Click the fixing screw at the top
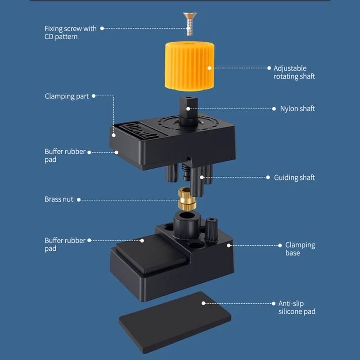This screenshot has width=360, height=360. click(x=189, y=22)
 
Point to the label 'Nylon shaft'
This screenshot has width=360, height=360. click(x=297, y=108)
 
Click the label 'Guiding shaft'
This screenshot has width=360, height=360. click(x=294, y=178)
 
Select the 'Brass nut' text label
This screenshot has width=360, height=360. click(x=58, y=199)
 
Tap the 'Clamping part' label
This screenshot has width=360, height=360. click(x=67, y=96)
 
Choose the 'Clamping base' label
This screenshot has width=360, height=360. click(x=300, y=249)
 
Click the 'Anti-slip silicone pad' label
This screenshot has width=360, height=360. click(x=297, y=307)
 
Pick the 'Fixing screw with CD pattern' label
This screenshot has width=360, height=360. click(x=70, y=32)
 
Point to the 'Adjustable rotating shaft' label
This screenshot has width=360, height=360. click(x=294, y=72)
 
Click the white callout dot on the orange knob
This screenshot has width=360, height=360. click(x=209, y=68)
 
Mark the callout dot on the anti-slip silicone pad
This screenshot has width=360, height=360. click(x=203, y=303)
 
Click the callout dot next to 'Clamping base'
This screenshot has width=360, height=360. click(x=229, y=245)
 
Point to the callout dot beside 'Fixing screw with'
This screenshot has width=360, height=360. click(x=102, y=28)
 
